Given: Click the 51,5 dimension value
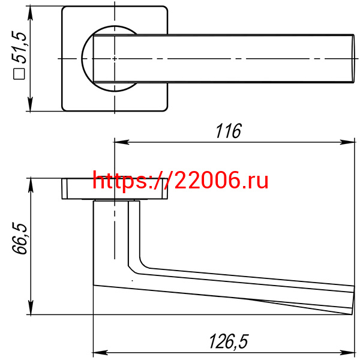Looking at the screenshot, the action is point(20,47).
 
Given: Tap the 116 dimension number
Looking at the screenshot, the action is point(229,131).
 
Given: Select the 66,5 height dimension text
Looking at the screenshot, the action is point(20,238).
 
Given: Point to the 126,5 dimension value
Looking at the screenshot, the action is point(229,341).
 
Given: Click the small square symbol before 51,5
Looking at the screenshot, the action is point(19,74).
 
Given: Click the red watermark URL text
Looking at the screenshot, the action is point(181,181).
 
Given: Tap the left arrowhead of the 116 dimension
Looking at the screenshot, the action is point(122,142).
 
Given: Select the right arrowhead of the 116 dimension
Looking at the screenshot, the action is point(348,142).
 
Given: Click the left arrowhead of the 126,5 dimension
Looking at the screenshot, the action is point(100,352).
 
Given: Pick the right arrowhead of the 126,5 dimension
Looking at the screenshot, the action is point(348,352).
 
